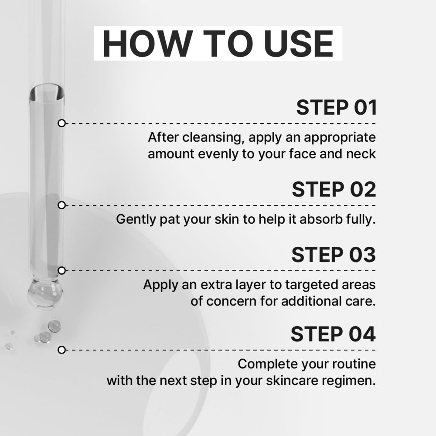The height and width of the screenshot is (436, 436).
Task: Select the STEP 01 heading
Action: [x=337, y=107]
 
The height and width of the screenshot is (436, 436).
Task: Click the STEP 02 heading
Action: [x=334, y=189]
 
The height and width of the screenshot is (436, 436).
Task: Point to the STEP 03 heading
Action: [x=334, y=255]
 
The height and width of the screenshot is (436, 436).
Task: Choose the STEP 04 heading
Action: [x=334, y=334]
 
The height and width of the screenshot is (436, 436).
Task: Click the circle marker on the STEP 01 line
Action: [x=62, y=123]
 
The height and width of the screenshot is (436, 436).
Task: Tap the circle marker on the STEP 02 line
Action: [x=62, y=205]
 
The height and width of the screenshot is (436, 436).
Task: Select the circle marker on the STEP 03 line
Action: [x=62, y=271]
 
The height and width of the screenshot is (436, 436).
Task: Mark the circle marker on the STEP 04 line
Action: [x=62, y=350]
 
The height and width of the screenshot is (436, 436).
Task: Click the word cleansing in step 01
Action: [x=213, y=138]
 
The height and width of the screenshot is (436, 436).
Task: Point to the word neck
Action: [x=361, y=154]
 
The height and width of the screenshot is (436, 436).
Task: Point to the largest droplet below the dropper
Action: [x=54, y=326]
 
